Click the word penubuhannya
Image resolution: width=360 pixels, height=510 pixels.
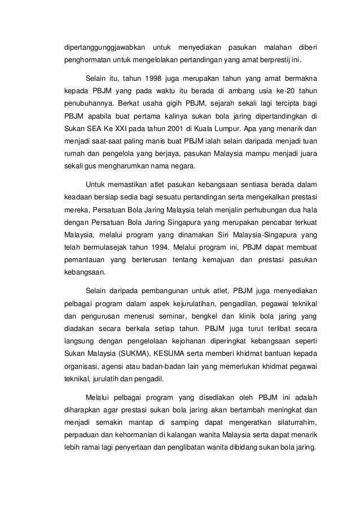(89, 102)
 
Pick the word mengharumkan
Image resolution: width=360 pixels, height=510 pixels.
(122, 165)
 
